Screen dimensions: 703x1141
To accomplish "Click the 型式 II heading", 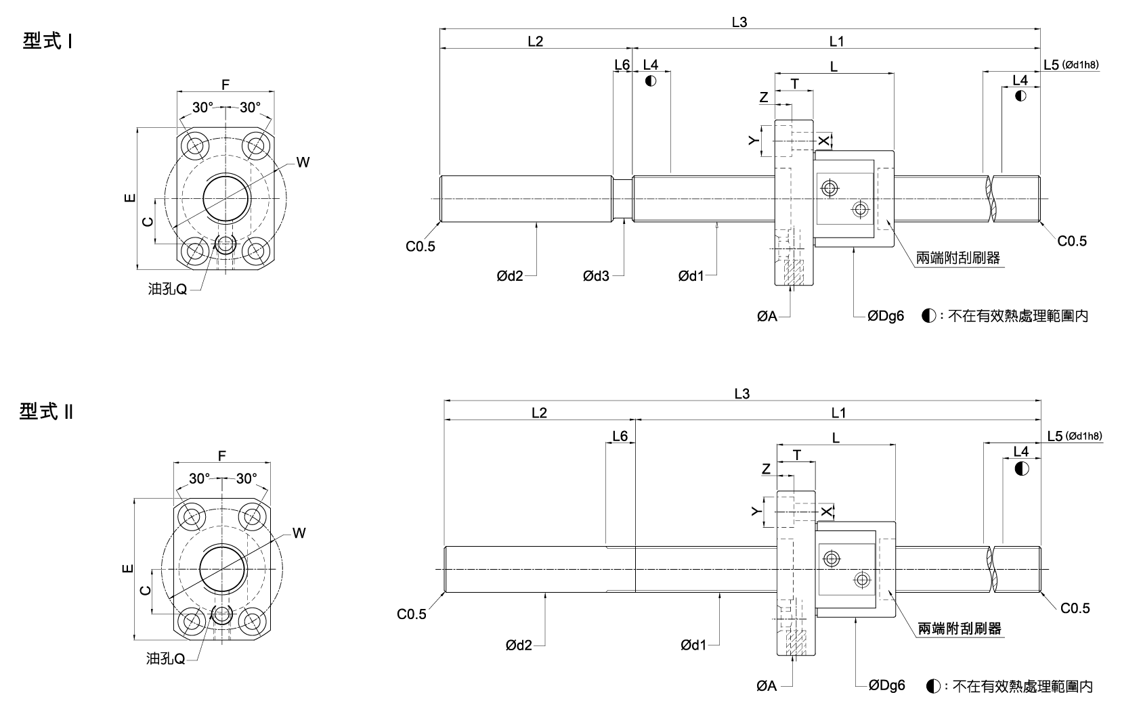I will coord(46,412).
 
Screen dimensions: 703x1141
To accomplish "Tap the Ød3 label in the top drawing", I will coord(596,276).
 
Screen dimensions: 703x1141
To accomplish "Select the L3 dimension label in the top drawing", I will coord(739,22).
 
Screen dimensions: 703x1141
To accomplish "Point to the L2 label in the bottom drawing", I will coord(539,413).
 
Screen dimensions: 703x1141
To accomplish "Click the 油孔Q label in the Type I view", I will coord(167,290).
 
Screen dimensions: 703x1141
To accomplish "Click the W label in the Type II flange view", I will coord(299,534).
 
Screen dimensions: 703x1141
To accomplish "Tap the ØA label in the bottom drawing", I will coord(767,686).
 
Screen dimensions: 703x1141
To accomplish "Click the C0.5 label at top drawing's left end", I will coord(421,247).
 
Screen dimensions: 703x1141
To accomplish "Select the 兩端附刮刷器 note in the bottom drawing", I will coord(959,629).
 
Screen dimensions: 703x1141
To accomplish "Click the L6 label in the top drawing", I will coord(622,65).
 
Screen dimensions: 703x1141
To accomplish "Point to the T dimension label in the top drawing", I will coord(795,84).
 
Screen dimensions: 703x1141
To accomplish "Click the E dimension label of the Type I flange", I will coord(130,198).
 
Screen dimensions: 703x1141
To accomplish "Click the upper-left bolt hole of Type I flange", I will coord(197,145).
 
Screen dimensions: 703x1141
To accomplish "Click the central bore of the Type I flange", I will coord(226,198).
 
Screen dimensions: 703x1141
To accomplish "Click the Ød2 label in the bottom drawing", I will coord(519,646).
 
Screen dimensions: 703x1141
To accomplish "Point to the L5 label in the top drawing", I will coord(1051,65).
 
